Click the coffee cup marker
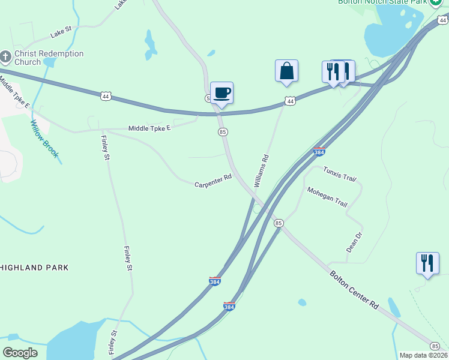(221, 93)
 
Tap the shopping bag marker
(287, 71)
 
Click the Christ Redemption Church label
(49, 58)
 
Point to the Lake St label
(61, 32)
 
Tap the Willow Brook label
(45, 138)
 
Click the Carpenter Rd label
(213, 181)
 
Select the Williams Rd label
(261, 171)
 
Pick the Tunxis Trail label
(340, 175)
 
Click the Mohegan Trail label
(327, 197)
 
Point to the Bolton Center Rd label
(354, 289)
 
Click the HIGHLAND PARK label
(34, 268)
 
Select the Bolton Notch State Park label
(382, 2)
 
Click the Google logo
(20, 353)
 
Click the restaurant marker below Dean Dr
(427, 263)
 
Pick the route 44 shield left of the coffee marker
(106, 96)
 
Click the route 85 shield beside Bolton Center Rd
(278, 223)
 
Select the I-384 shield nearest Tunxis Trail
(319, 152)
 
